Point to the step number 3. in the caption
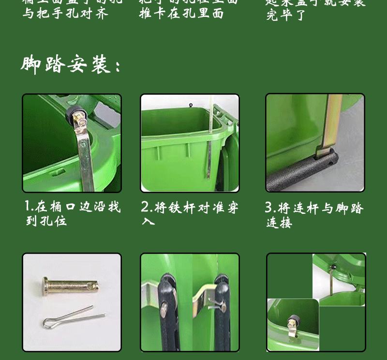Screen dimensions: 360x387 [270, 208]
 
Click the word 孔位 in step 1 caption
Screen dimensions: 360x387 [46, 221]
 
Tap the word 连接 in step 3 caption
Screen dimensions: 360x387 [279, 223]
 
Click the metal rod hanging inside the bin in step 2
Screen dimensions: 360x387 [209, 150]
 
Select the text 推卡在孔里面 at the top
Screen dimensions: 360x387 [181, 14]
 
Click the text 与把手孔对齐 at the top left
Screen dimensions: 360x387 [65, 14]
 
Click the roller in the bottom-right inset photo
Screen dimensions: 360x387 [293, 322]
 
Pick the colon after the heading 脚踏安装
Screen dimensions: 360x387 [118, 67]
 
